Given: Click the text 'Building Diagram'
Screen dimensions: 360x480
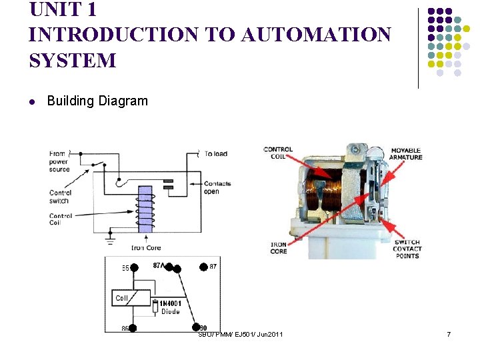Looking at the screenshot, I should click(x=97, y=101).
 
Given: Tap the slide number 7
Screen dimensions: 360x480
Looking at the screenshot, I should click(x=449, y=333).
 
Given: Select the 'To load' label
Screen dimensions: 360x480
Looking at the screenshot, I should click(x=215, y=154).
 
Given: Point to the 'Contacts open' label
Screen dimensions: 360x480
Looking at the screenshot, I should click(x=217, y=187).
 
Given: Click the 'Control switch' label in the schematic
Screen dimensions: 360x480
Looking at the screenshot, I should click(x=60, y=197).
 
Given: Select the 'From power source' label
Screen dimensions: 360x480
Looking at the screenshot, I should click(x=59, y=161).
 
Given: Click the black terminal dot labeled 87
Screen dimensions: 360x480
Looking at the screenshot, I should click(x=203, y=267).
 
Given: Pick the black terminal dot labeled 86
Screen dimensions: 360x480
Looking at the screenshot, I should click(x=133, y=328).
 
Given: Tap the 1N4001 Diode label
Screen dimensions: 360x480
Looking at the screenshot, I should click(x=170, y=307).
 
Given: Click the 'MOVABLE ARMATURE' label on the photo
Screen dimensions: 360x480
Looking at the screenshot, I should click(x=406, y=153).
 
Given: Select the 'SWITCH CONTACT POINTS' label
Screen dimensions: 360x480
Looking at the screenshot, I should click(x=407, y=249).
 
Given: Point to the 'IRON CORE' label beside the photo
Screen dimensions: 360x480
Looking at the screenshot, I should click(x=279, y=247).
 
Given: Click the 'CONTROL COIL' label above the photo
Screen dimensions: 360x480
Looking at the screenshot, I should click(x=278, y=153).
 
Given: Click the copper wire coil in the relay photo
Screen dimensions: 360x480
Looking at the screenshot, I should click(x=327, y=190).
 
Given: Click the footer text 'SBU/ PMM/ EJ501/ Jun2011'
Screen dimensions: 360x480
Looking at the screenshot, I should click(x=240, y=333).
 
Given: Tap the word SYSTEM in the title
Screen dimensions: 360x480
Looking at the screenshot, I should click(x=73, y=61).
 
